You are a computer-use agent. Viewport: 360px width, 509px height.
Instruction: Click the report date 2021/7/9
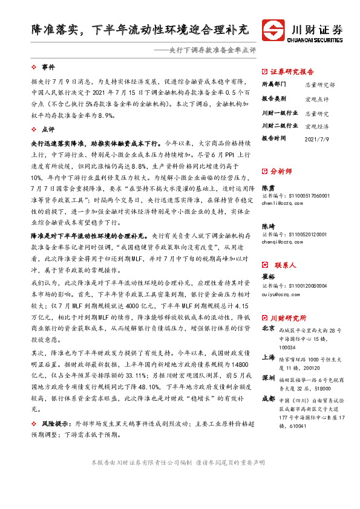[317, 138]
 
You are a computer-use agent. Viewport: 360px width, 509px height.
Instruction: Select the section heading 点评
[48, 129]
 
